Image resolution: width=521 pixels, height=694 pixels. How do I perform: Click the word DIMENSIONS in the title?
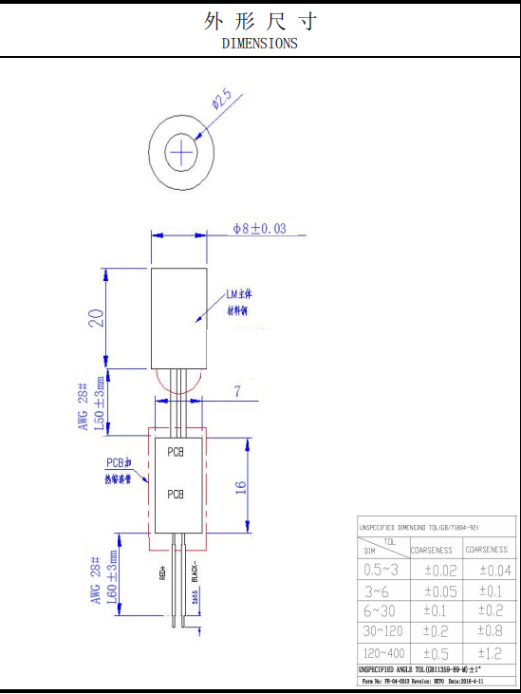point(259,43)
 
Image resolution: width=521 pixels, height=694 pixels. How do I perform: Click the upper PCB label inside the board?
point(176,453)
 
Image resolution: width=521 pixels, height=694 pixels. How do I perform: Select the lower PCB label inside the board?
point(176,494)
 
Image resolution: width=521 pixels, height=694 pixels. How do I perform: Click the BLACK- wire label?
point(195,572)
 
